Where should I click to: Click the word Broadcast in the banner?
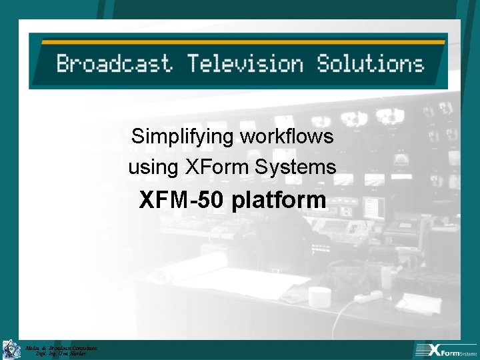click(x=114, y=64)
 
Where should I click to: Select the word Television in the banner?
click(x=245, y=64)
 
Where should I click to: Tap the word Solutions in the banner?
click(x=370, y=64)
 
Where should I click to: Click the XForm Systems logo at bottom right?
click(x=445, y=349)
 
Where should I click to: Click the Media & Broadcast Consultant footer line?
click(x=61, y=347)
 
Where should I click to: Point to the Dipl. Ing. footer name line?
click(x=61, y=353)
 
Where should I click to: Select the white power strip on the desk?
click(x=367, y=296)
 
